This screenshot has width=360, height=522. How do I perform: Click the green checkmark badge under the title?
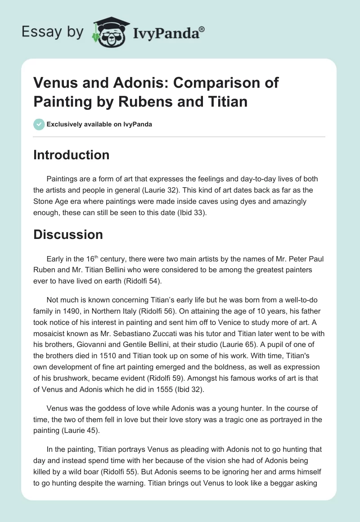coord(39,124)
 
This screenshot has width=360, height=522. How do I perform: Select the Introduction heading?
coord(71,155)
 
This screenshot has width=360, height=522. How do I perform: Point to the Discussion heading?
coord(68,234)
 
